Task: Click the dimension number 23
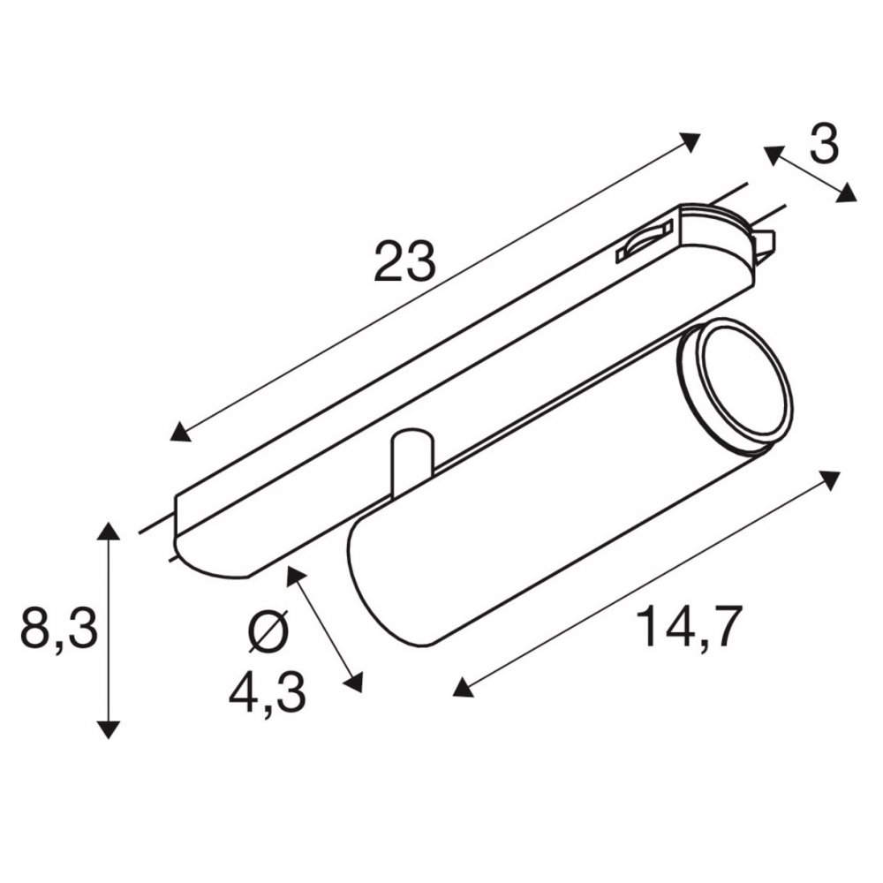(404, 260)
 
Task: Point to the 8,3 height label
(59, 629)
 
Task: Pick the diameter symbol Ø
(268, 633)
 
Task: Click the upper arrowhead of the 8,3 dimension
(109, 532)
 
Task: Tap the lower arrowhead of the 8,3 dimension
(109, 728)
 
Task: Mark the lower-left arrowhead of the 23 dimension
(180, 432)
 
